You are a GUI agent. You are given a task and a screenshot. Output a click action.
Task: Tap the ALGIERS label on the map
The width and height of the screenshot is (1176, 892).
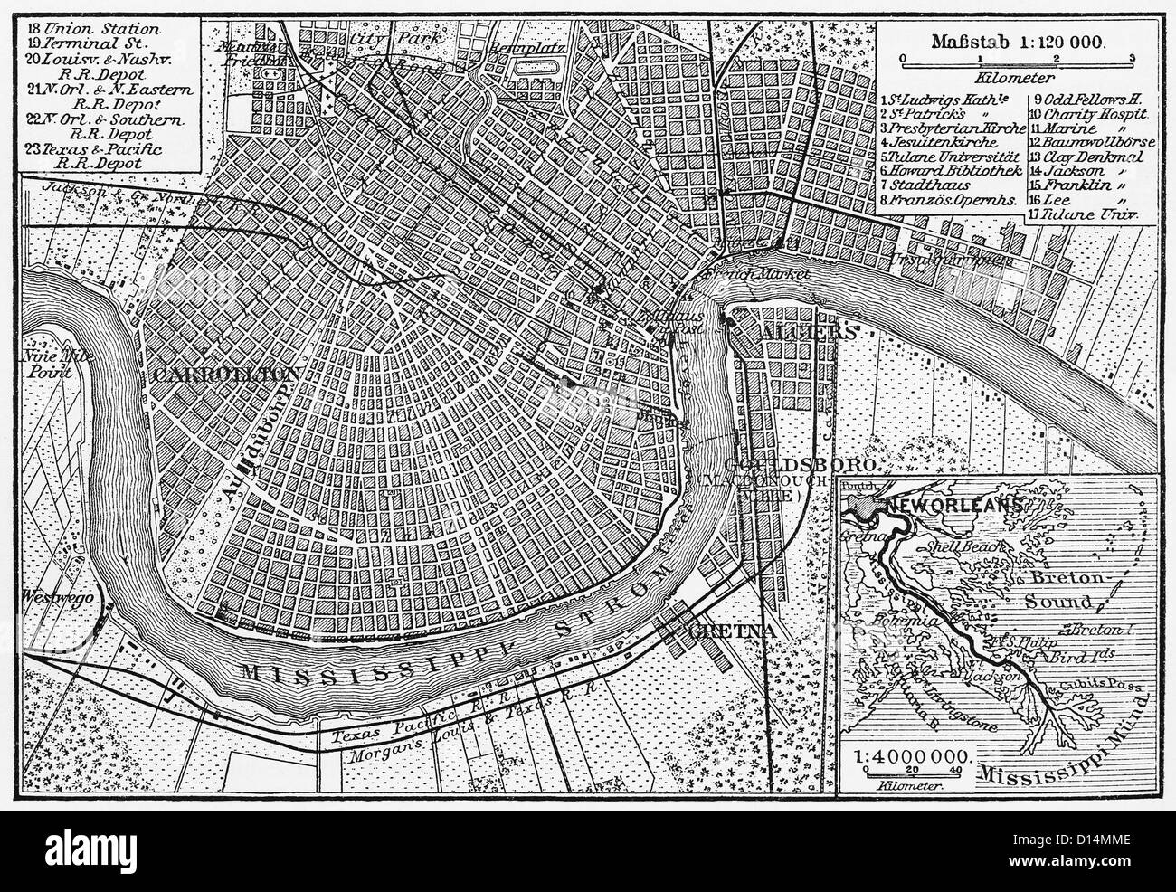click(x=808, y=332)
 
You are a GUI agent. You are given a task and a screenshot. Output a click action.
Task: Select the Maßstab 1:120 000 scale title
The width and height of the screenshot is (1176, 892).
click(x=1016, y=42)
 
